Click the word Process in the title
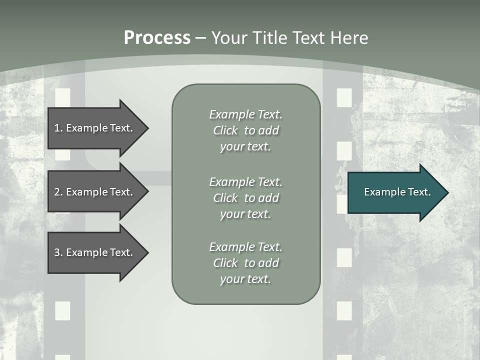157,38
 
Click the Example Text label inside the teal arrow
397,192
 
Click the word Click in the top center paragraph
225,131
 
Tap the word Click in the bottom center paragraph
225,263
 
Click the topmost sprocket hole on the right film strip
344,97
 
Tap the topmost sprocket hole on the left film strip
62,96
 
